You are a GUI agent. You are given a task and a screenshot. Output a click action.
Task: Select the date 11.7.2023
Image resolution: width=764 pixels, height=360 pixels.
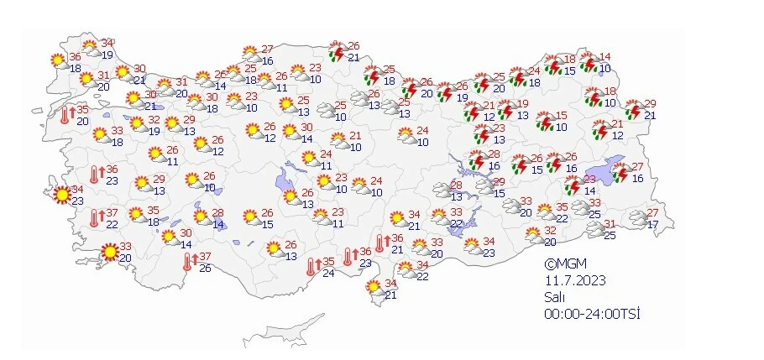(x=573, y=281)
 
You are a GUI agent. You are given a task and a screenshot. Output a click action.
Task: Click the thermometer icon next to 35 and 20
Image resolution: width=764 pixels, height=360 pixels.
(x=67, y=115)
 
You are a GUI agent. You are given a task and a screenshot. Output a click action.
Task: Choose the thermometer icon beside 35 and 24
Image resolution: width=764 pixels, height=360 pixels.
(x=311, y=267)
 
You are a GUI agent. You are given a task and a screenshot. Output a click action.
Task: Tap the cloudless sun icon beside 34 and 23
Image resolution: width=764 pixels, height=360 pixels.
(x=60, y=196)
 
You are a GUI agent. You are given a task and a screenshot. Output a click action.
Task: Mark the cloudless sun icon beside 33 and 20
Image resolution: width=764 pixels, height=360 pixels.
(x=109, y=252)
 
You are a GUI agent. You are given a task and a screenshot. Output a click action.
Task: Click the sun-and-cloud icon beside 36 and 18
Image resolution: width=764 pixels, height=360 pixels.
(x=57, y=61)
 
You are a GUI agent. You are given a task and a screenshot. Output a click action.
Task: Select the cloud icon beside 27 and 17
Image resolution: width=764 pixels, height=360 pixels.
(x=640, y=220)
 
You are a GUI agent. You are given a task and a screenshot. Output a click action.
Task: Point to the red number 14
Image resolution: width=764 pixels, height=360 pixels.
(x=604, y=57)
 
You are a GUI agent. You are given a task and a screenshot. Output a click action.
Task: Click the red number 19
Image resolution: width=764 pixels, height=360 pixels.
(x=522, y=104)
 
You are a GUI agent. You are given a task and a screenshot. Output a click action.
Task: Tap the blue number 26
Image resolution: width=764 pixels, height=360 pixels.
(x=205, y=268)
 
